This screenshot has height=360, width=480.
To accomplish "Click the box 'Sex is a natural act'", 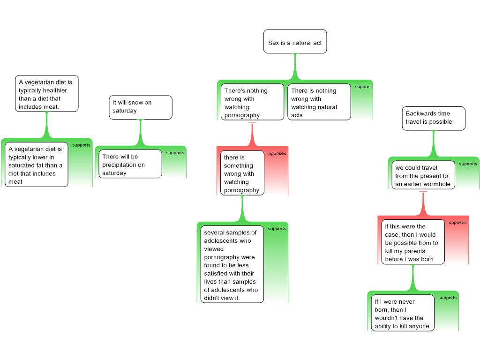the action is click(x=295, y=41).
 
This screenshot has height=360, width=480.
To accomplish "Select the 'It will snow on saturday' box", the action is click(x=141, y=107).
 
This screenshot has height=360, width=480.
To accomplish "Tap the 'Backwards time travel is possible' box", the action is click(x=434, y=119).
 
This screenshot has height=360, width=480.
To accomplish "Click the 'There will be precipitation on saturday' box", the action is click(x=130, y=164).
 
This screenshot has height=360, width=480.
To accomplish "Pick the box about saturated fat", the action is click(x=37, y=165).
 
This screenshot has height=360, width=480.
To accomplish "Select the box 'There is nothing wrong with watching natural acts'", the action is click(x=319, y=102).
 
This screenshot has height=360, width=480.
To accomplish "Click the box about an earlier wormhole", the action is click(x=423, y=175).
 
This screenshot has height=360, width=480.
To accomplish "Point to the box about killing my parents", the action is click(x=413, y=242).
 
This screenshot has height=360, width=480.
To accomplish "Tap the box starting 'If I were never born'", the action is click(x=403, y=313).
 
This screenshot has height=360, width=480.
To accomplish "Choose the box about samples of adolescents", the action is click(x=232, y=264).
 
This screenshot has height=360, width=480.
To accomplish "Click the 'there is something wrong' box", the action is click(x=242, y=173).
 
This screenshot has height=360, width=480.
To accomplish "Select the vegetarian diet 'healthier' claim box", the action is click(x=47, y=93).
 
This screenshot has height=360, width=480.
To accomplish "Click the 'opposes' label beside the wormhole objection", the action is click(x=457, y=223).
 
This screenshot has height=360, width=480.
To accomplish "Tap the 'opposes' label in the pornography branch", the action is click(x=277, y=153).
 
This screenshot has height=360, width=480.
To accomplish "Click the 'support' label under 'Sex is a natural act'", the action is click(x=363, y=87).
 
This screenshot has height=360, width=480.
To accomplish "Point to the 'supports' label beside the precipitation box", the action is click(x=175, y=153).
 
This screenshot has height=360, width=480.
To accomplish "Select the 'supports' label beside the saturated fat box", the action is click(x=81, y=145).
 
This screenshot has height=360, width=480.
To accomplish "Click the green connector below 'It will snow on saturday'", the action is click(x=141, y=133).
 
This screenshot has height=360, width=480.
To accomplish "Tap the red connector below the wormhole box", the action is click(x=423, y=203).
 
